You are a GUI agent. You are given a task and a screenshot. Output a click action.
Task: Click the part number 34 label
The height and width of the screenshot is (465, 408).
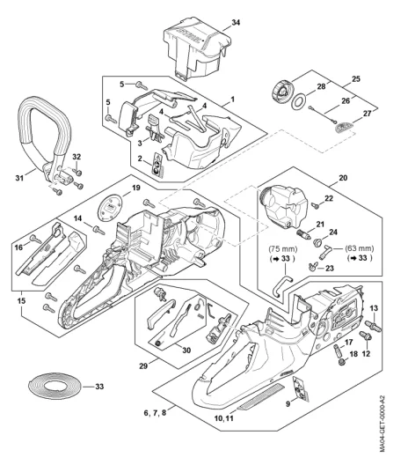click(x=236, y=23)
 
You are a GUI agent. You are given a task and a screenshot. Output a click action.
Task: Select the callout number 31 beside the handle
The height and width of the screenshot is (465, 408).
click(x=19, y=178)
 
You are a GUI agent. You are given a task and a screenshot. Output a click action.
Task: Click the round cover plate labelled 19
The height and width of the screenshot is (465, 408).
click(x=110, y=209)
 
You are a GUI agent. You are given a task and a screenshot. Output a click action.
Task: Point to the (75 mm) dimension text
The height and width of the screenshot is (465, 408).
click(x=282, y=248)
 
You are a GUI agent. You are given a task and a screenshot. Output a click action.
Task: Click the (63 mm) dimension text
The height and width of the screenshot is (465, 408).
click(x=360, y=248)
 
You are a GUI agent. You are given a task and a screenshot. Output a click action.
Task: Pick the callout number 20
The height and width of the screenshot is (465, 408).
click(x=343, y=178)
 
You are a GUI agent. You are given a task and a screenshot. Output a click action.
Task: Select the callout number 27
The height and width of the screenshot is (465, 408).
click(x=368, y=114)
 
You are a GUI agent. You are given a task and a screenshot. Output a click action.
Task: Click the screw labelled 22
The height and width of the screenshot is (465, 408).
click(x=316, y=205)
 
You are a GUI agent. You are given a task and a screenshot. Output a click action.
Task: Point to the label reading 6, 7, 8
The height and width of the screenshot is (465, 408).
click(x=155, y=413)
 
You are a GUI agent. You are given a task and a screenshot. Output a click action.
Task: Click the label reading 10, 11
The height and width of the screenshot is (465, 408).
click(x=224, y=418)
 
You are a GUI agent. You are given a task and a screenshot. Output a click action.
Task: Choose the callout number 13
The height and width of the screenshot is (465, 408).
click(x=374, y=308)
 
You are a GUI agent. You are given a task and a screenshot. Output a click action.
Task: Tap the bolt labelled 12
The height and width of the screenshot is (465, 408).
click(x=364, y=336)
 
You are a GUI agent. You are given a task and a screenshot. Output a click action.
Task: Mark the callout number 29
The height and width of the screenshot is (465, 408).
click(x=143, y=366)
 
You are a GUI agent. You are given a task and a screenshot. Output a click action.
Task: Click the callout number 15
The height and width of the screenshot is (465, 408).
click(x=21, y=300)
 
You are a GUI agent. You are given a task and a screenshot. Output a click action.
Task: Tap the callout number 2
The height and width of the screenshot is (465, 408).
click(x=140, y=159)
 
